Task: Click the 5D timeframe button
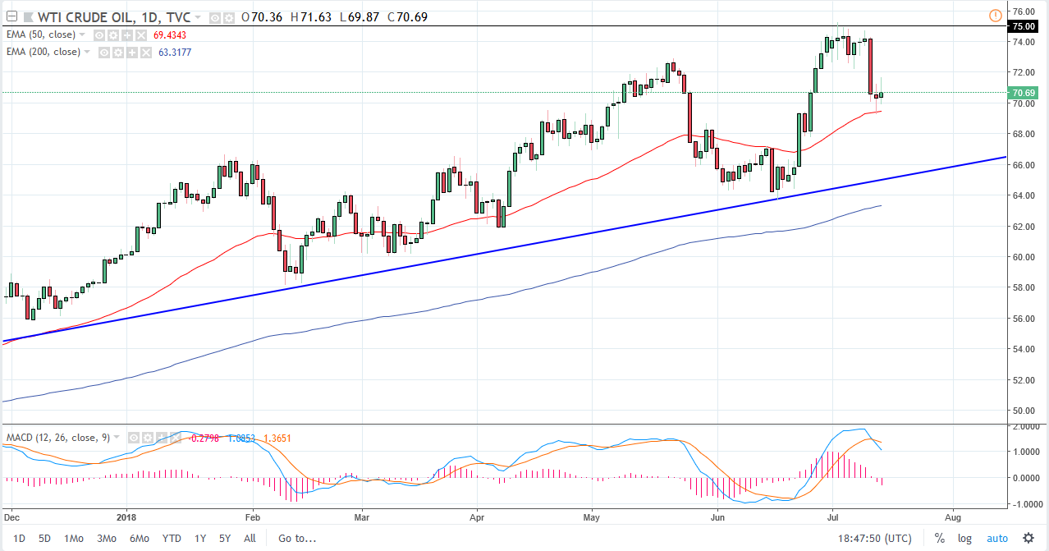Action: click(45, 539)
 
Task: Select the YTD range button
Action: click(172, 539)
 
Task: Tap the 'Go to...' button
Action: click(296, 539)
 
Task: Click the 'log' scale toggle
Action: click(964, 539)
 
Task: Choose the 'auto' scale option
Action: click(996, 539)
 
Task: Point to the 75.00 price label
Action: click(1023, 26)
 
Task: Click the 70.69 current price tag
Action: click(1023, 93)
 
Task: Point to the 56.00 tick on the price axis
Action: click(1023, 319)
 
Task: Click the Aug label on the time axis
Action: click(952, 518)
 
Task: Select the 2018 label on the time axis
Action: click(126, 518)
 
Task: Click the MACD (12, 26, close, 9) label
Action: click(57, 437)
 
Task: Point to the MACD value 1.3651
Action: click(277, 438)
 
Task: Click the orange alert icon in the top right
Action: click(995, 15)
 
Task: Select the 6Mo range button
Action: click(138, 539)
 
